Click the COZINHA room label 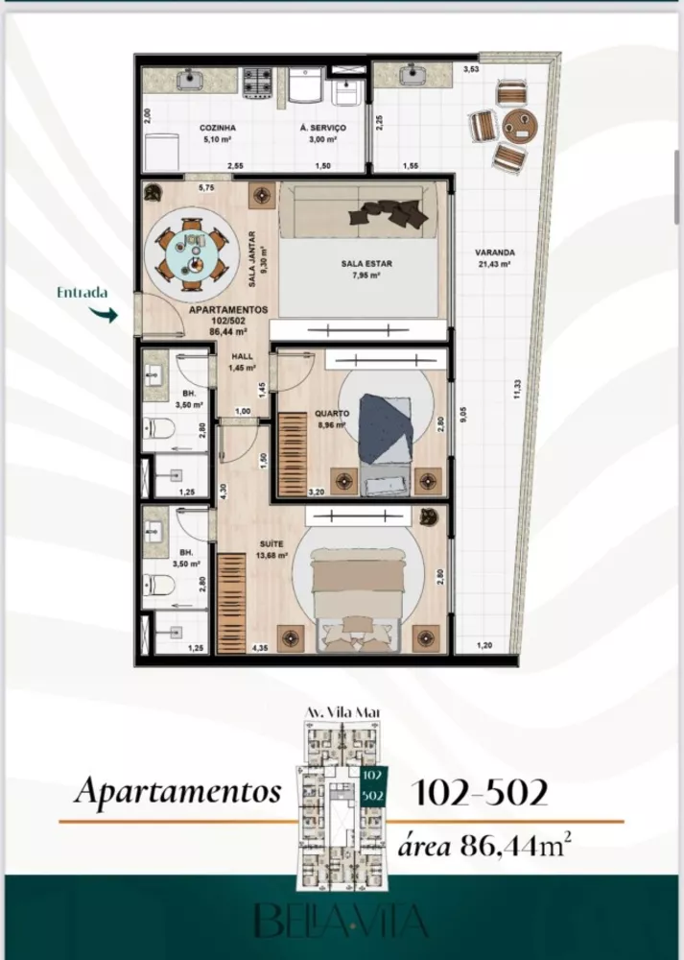tap(219, 127)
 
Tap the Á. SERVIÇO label tap(322, 127)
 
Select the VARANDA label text tap(492, 253)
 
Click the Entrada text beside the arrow tap(82, 294)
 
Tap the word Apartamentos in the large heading tap(177, 792)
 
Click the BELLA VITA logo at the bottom tap(342, 919)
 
